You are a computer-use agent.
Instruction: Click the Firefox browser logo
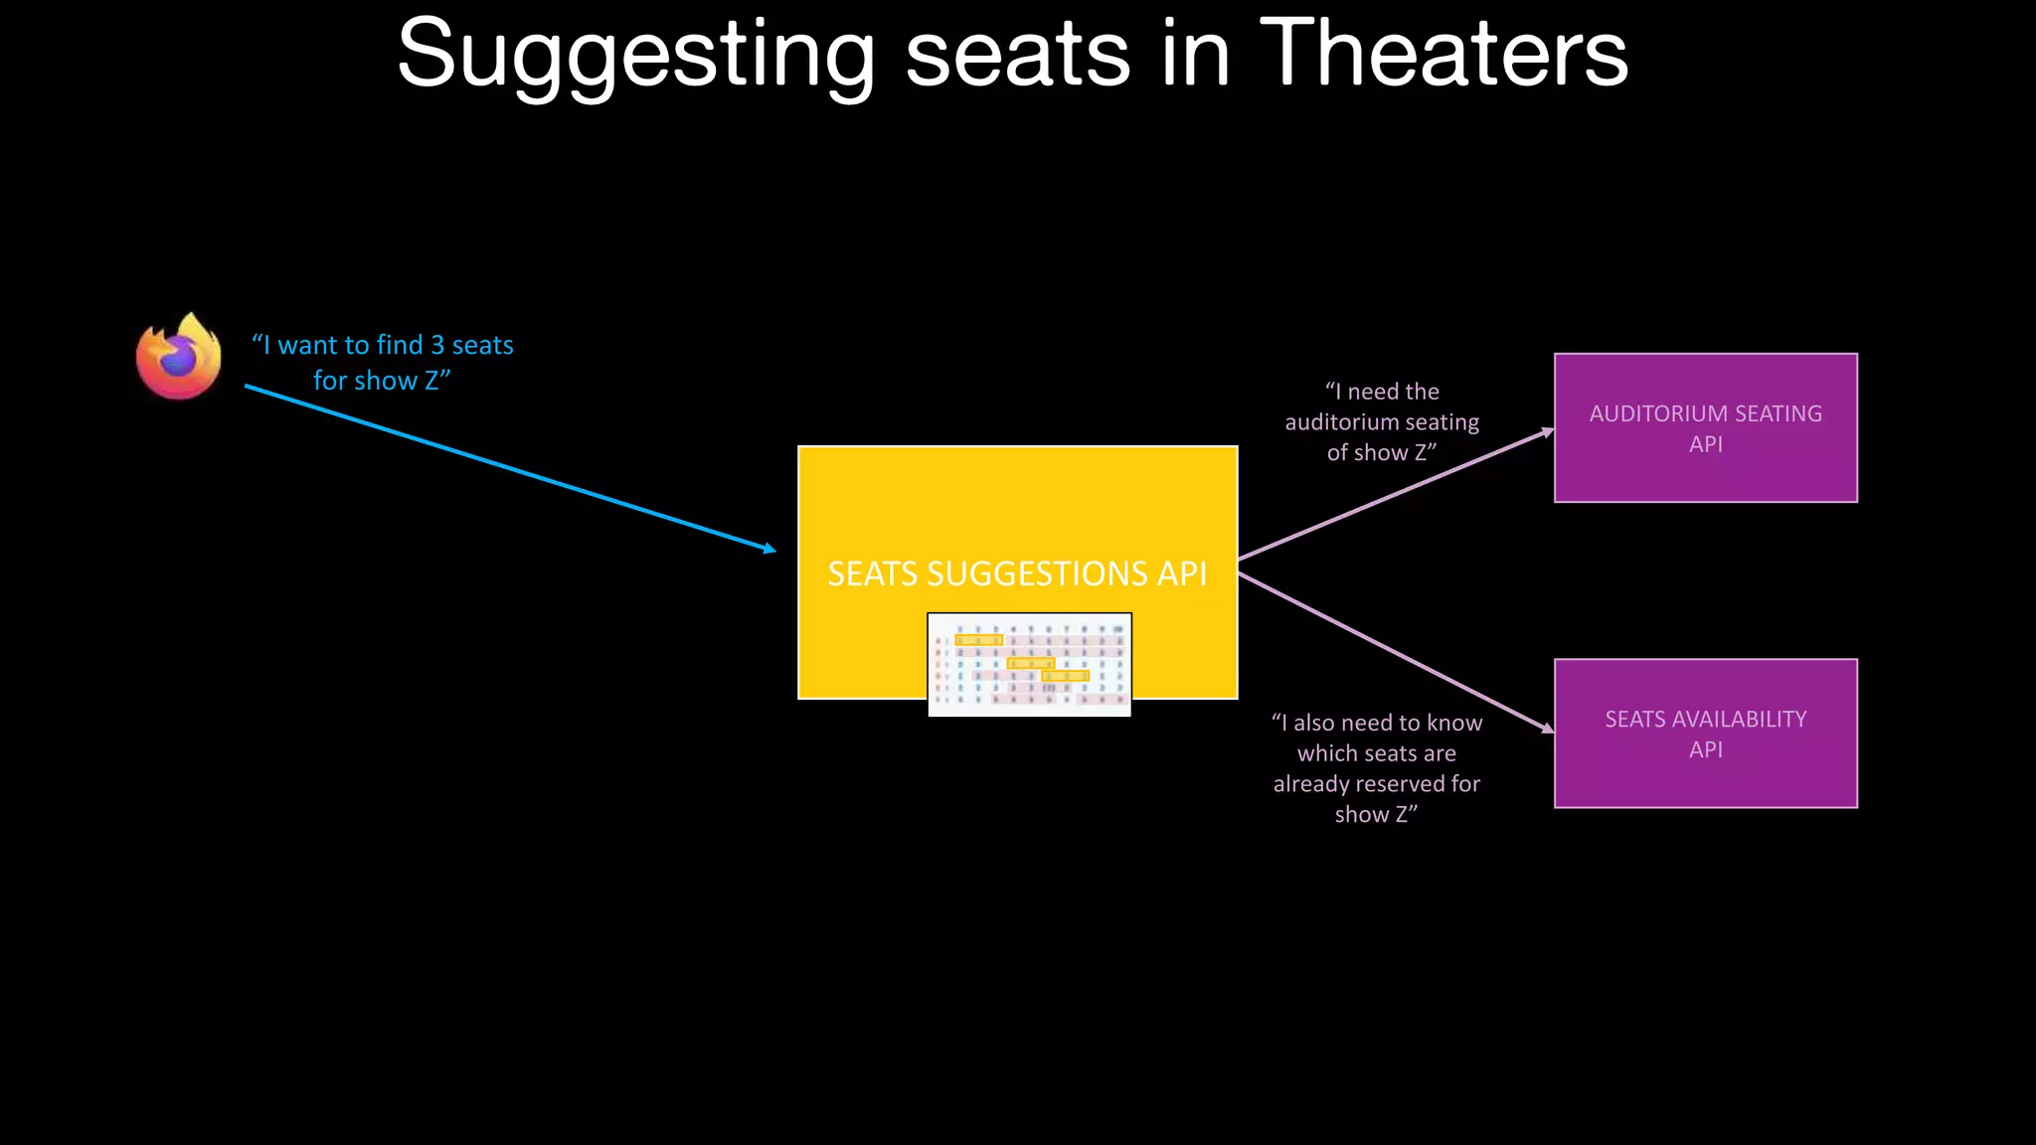point(179,357)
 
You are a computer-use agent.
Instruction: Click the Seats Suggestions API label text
point(1017,573)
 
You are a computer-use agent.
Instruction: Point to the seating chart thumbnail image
point(1029,664)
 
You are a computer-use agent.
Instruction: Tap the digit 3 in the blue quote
point(437,345)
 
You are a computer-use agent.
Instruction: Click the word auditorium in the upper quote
point(1338,422)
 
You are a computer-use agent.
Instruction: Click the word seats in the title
point(1018,56)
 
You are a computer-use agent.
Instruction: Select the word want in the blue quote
point(307,345)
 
